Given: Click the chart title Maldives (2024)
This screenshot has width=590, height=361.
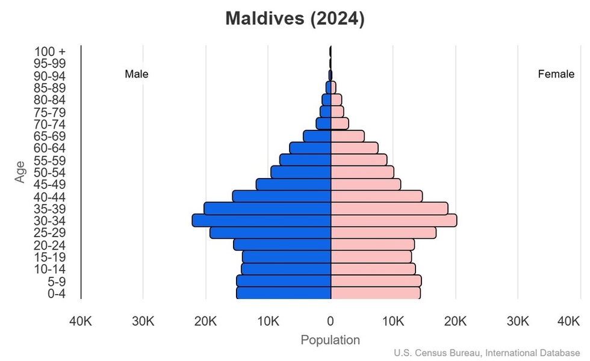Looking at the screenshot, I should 294,19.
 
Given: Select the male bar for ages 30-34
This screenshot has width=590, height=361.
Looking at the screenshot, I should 262,220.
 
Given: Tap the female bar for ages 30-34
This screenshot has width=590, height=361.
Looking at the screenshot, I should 394,220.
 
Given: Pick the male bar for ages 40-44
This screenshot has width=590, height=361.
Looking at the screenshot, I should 282,196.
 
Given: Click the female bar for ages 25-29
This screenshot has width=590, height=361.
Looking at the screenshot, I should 383,232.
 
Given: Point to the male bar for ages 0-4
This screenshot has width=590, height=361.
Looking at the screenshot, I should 284,293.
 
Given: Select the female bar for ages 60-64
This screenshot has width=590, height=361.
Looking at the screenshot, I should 355,148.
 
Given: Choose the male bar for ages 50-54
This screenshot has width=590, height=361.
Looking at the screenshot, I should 301,172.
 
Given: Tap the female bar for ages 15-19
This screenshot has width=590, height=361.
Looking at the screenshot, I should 371,256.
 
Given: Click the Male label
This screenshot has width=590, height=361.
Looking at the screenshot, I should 137,75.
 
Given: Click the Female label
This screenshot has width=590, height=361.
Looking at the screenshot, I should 556,75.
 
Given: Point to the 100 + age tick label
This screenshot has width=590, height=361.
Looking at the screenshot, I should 49,52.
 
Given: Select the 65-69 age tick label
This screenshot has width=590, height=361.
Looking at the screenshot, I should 49,136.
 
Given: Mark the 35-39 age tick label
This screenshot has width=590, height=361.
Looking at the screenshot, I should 49,209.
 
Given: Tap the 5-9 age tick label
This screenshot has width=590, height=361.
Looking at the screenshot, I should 57,281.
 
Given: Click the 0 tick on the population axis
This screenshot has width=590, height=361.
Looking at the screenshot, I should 331,321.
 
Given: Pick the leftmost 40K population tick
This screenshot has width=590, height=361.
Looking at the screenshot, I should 81,321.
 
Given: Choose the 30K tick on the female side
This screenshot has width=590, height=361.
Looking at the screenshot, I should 518,321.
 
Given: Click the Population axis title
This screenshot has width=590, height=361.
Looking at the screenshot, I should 330,340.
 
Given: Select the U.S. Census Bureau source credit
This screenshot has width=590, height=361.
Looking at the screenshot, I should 487,353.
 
